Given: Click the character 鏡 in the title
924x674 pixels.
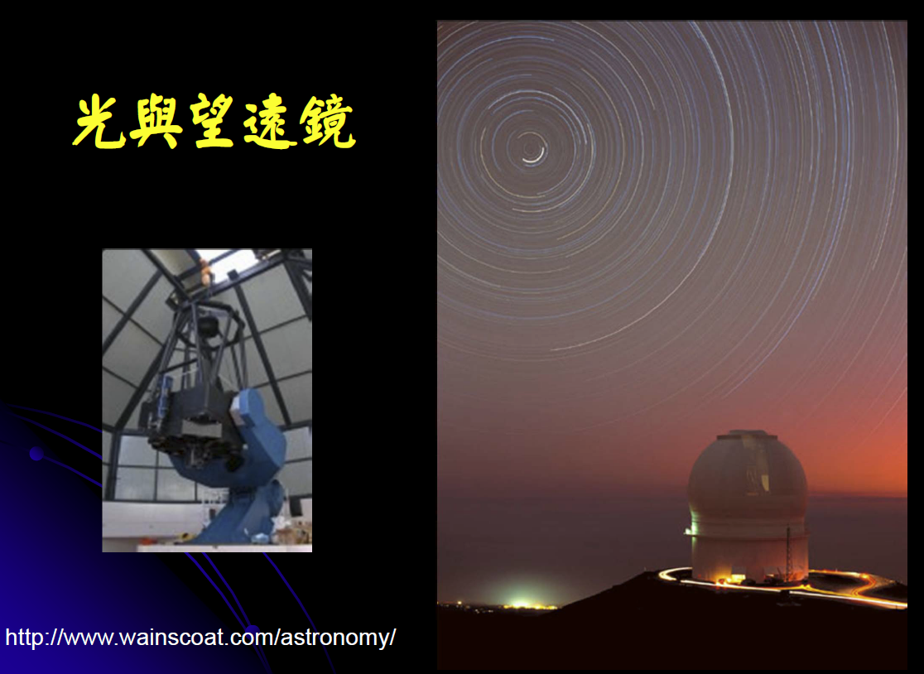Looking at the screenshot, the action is (326, 122).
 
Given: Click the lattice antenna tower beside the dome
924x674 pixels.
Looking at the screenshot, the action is (788, 554).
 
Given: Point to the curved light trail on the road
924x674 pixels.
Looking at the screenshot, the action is (784, 586).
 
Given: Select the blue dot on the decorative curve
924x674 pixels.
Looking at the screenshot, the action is (36, 454).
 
